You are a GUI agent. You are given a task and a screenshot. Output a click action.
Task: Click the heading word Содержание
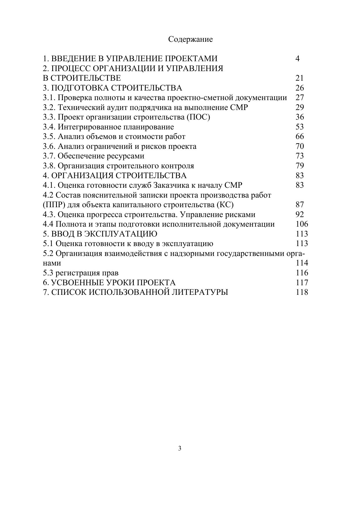pos(190,39)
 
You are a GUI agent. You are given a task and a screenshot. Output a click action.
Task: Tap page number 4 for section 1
pos(297,59)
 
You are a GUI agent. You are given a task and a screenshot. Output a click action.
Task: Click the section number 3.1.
pos(49,98)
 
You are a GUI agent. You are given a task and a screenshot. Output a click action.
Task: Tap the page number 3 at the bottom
pos(180,449)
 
